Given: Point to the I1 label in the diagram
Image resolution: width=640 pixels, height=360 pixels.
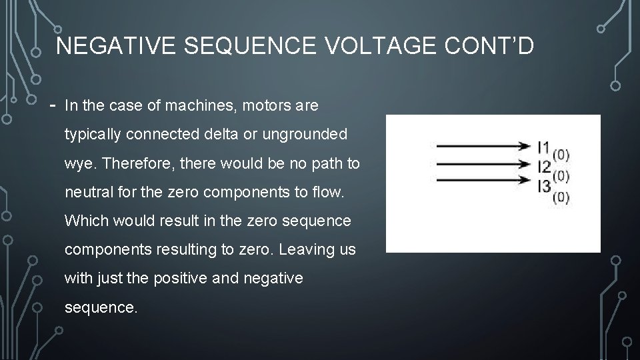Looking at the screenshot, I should tap(544, 145).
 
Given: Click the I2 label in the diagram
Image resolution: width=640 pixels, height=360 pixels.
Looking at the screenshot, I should tap(544, 166).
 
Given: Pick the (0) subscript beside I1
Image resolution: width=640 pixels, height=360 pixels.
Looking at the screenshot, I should tap(561, 155).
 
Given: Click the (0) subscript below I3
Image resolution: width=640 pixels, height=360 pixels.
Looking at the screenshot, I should tap(561, 198).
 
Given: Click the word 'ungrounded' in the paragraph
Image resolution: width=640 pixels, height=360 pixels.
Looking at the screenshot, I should tap(313, 135).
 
